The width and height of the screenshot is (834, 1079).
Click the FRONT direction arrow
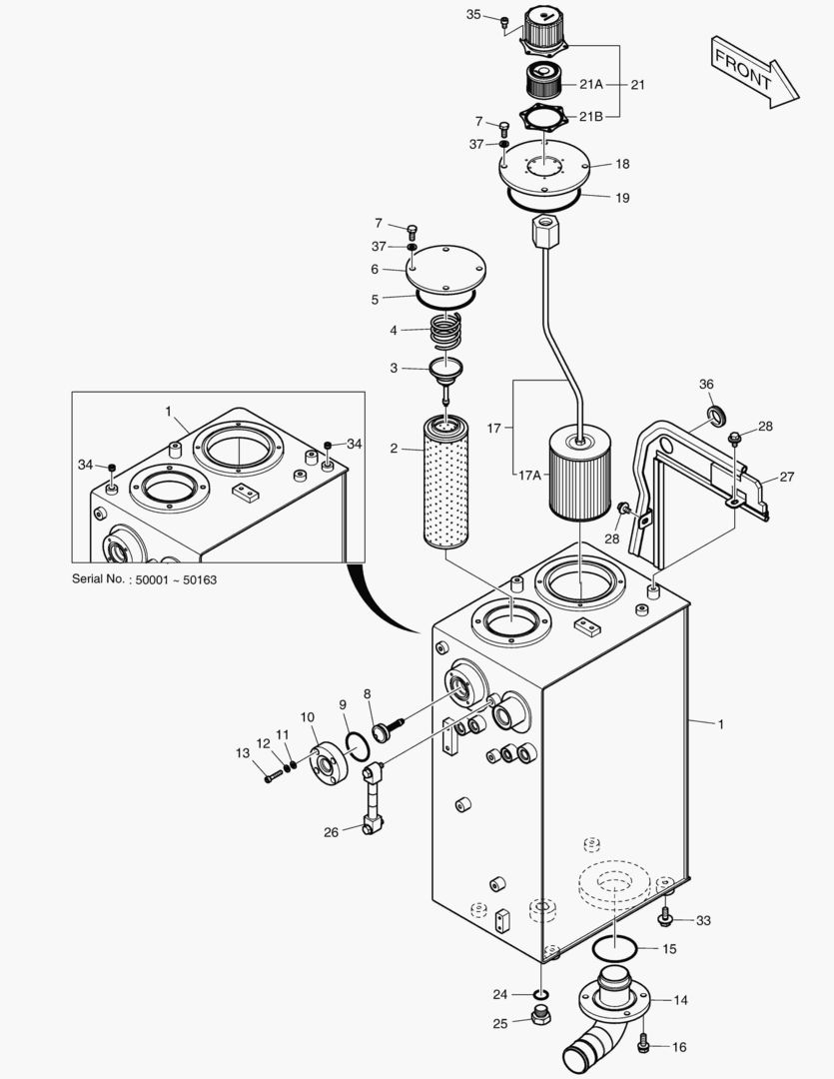tap(753, 73)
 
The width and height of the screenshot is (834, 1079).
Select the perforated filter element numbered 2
tap(445, 482)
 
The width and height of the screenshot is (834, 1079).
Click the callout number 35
tap(473, 14)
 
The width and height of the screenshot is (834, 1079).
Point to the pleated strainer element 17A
tap(580, 474)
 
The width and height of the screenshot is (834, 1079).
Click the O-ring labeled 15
tap(614, 950)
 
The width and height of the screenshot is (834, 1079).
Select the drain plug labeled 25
tap(541, 1014)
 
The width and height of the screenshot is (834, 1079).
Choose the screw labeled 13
tap(274, 775)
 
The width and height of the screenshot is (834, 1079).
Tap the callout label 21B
tap(590, 116)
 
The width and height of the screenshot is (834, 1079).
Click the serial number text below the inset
tap(145, 579)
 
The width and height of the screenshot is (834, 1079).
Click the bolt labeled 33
tap(665, 916)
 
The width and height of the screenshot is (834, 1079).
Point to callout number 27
tap(786, 477)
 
